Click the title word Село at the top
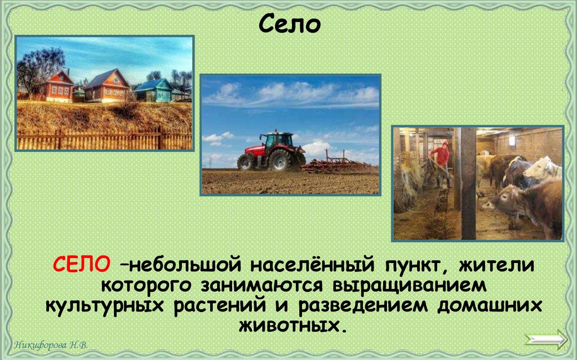pos(289,25)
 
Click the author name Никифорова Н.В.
pos(51,345)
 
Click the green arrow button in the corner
pos(546,340)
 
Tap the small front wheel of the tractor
pos(246,162)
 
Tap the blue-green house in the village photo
pos(154,90)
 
